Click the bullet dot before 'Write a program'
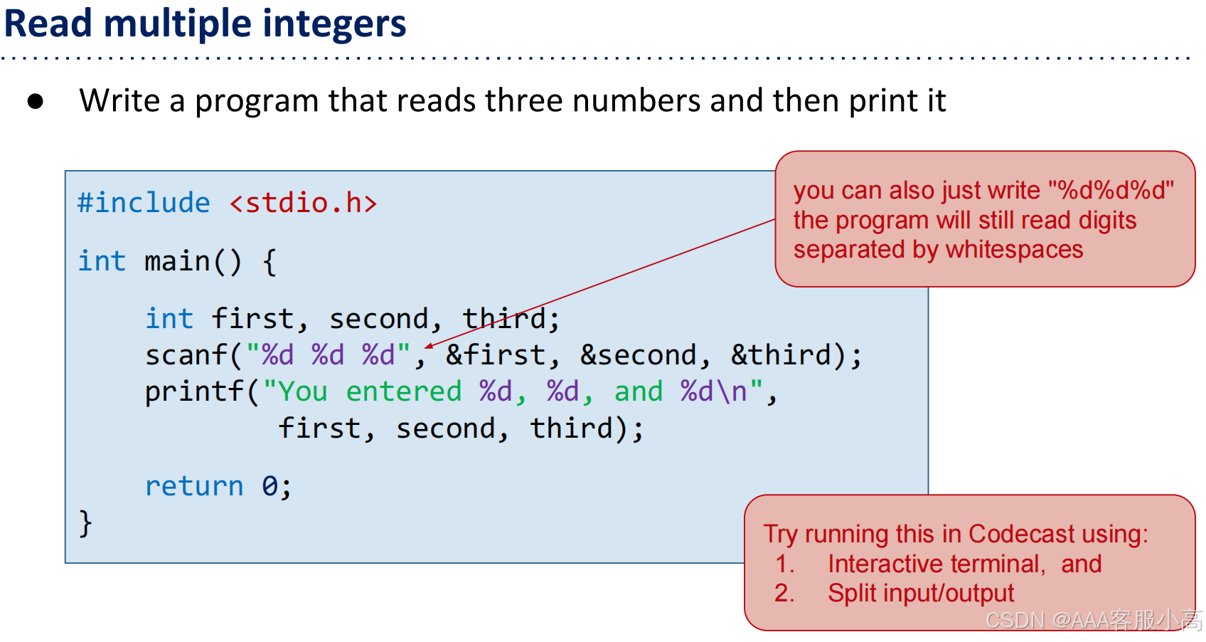tap(36, 102)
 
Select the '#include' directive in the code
tap(144, 203)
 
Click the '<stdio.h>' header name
tap(303, 203)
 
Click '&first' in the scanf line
tap(495, 354)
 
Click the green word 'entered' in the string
tap(403, 391)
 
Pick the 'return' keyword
tap(194, 486)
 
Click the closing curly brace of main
tap(85, 524)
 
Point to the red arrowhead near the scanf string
tap(429, 347)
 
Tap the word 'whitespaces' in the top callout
tap(1014, 249)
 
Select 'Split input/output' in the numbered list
tap(921, 593)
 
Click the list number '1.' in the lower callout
tap(784, 564)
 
